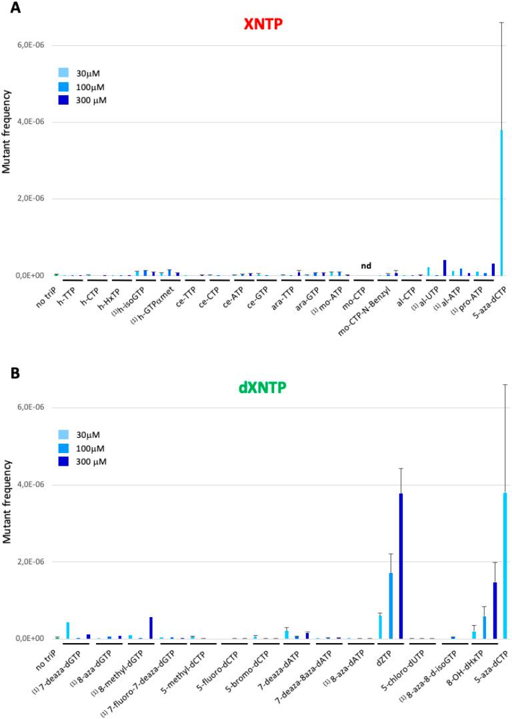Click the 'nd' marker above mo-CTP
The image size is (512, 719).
tap(366, 266)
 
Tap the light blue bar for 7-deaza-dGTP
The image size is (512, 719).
tap(68, 630)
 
